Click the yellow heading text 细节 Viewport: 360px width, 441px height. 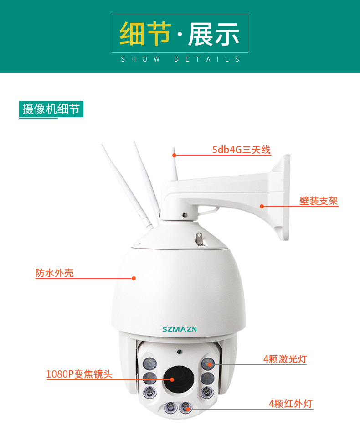(145, 34)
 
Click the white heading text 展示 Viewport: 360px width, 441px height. (214, 34)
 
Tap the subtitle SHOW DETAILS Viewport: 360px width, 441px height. (180, 59)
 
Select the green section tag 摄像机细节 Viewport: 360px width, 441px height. (51, 109)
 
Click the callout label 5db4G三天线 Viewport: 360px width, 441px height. (241, 150)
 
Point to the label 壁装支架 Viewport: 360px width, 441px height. (319, 201)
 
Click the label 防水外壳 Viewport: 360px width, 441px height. (54, 273)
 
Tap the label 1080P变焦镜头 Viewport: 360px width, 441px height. (79, 374)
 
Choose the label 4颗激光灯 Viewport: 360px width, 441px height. (285, 359)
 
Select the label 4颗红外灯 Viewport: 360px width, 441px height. (290, 404)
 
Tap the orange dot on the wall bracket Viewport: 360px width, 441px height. (262, 206)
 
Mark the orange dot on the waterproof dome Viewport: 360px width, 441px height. (134, 278)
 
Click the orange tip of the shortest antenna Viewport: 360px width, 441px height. (174, 155)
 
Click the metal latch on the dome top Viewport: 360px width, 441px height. (199, 238)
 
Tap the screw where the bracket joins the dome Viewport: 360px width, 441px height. (183, 214)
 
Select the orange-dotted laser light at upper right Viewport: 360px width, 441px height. (208, 364)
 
